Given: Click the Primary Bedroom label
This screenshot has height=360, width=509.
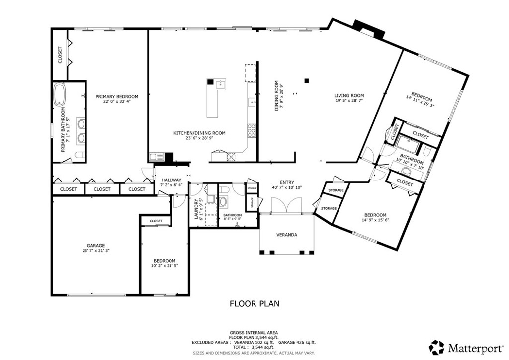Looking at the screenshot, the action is pos(117,97).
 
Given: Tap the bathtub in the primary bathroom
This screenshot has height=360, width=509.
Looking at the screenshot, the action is pos(60,95).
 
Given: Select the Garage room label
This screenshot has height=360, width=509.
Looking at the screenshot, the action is pos(96,246).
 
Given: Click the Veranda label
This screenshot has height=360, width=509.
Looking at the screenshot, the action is pos(287,235).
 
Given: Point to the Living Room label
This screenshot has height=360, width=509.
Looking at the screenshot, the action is pos(349,96).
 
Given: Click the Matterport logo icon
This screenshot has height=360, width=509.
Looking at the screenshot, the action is pos(437,348).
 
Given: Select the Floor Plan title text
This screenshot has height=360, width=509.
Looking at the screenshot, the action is pos(254,304).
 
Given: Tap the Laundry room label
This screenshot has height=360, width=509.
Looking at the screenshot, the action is pos(196,209).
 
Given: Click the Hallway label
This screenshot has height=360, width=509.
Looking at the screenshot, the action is pos(171,180).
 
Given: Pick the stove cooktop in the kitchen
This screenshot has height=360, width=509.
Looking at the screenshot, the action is pos(252,131).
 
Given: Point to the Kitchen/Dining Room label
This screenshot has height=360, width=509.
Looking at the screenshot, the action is pos(199,133).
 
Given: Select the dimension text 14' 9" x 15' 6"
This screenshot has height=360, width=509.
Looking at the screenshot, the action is pos(375,220).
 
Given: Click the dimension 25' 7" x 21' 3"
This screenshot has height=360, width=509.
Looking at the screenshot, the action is pos(96,250).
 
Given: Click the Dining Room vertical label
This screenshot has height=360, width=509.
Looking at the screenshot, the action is pos(276,96).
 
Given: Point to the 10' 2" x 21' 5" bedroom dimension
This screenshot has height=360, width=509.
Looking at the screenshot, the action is pos(165,265).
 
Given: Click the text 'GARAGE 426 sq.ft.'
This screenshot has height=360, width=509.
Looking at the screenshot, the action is pos(297,342).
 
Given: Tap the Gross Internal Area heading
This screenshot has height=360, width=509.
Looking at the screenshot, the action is pos(254,333).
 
